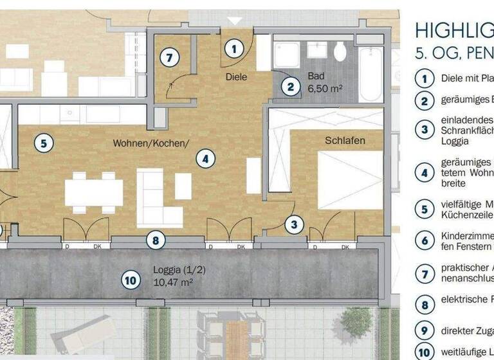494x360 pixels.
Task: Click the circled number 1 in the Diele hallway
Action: coord(234,48)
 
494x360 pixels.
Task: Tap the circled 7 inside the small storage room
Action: coord(169,57)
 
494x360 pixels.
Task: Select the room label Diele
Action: coord(236,76)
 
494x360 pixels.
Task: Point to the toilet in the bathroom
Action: coord(340,51)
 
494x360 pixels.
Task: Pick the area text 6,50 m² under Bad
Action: coord(324,89)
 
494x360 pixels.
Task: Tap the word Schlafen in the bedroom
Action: coord(345,140)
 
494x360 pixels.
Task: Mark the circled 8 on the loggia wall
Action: coord(155,240)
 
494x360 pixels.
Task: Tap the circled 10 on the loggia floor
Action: coord(131,280)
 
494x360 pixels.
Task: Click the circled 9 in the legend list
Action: coord(425,332)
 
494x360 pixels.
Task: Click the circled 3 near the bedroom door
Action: coord(294,224)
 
